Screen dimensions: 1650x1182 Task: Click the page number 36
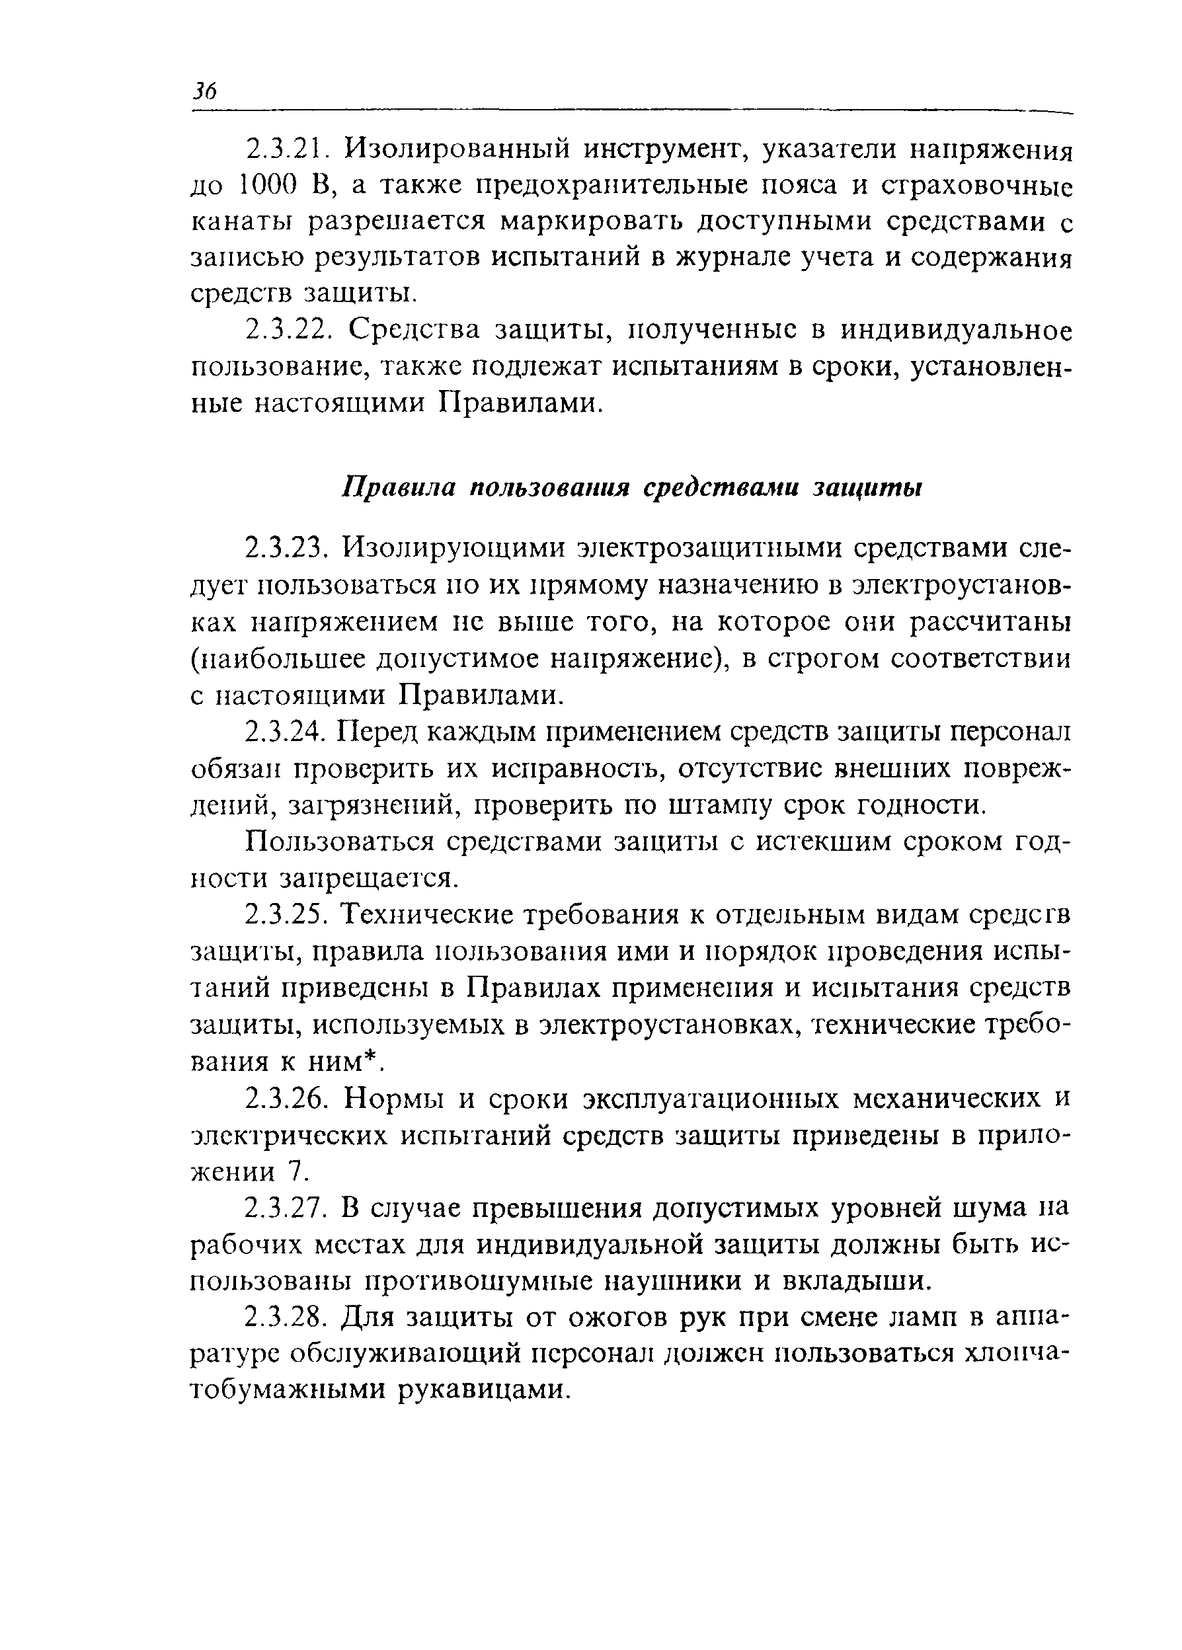point(204,91)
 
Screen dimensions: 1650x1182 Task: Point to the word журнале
point(749,258)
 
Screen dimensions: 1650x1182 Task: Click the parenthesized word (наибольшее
point(280,658)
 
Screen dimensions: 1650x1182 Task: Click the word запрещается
point(370,878)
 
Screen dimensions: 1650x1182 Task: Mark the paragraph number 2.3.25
point(288,914)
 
